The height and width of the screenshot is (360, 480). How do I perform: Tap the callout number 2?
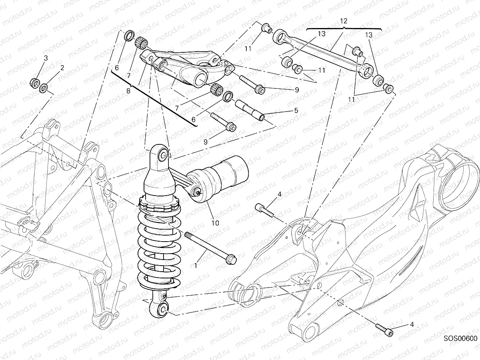(x=62, y=68)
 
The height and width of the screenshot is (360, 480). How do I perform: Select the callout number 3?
(x=46, y=58)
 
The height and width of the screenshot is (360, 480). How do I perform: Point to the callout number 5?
(x=296, y=110)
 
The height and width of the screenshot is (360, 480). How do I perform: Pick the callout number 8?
(x=128, y=91)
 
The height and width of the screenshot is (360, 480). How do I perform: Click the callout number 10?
(x=215, y=223)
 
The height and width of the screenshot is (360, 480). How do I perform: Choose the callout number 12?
(x=344, y=20)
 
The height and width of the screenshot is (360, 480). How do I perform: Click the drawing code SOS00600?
(x=460, y=338)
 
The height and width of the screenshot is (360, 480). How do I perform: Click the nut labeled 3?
(x=35, y=83)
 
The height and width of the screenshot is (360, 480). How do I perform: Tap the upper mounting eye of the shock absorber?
(x=163, y=155)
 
